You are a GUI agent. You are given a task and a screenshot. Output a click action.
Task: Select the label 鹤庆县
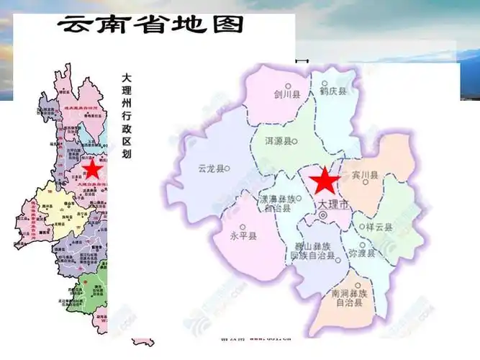(333, 91)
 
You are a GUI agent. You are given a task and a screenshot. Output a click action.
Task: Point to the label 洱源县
(276, 142)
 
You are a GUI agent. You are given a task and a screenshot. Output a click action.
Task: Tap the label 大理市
(332, 204)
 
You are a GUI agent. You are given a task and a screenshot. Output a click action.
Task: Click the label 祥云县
(379, 227)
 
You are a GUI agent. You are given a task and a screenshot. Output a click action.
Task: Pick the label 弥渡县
(362, 253)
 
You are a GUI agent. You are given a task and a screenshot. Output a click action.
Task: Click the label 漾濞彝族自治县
(276, 202)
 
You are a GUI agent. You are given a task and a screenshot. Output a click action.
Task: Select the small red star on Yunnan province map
(92, 169)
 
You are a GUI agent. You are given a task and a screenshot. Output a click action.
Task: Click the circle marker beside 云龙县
(227, 168)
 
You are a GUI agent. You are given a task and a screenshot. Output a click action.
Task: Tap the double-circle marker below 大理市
(323, 215)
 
